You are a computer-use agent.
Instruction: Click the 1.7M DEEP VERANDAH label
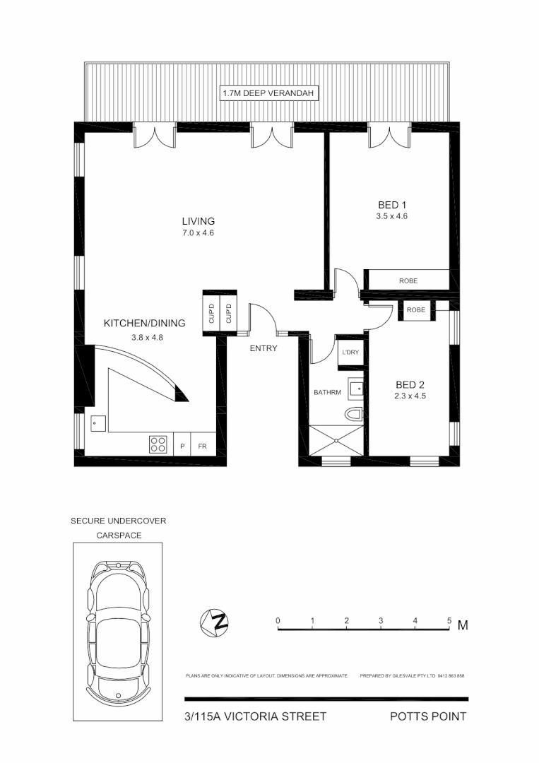pyautogui.click(x=267, y=93)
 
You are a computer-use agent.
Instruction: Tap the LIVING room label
pyautogui.click(x=198, y=221)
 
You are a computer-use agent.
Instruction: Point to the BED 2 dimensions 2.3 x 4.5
pyautogui.click(x=410, y=396)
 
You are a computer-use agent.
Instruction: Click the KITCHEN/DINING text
pyautogui.click(x=144, y=324)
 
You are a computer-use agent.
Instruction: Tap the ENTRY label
pyautogui.click(x=263, y=348)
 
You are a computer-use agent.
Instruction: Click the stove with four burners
pyautogui.click(x=158, y=444)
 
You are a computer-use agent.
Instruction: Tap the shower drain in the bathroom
pyautogui.click(x=337, y=441)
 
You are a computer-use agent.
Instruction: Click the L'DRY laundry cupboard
pyautogui.click(x=350, y=352)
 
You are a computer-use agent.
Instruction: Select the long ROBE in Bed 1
pyautogui.click(x=408, y=280)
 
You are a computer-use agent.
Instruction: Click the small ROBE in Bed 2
pyautogui.click(x=415, y=310)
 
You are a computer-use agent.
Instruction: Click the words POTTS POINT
pyautogui.click(x=428, y=716)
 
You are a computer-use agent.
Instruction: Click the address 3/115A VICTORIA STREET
pyautogui.click(x=255, y=716)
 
